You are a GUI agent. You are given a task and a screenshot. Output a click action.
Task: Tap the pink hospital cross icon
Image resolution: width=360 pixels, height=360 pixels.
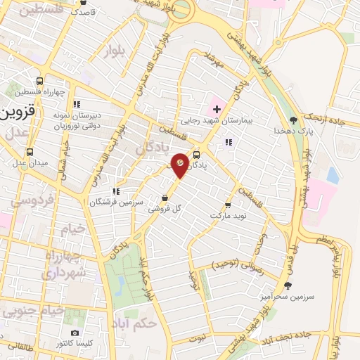(217, 109)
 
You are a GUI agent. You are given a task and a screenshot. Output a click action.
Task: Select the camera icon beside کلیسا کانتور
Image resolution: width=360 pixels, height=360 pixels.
(75, 333)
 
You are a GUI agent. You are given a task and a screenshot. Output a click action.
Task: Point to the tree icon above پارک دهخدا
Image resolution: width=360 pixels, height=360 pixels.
(293, 120)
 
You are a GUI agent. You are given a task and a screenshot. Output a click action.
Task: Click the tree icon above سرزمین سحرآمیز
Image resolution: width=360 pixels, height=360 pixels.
(288, 285)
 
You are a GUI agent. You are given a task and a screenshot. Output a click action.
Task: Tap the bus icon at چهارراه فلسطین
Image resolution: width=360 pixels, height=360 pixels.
(39, 80)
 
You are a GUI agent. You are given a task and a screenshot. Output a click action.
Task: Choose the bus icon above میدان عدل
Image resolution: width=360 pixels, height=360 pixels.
(29, 152)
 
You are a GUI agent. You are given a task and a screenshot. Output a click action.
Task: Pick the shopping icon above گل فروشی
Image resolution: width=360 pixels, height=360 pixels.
(165, 198)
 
